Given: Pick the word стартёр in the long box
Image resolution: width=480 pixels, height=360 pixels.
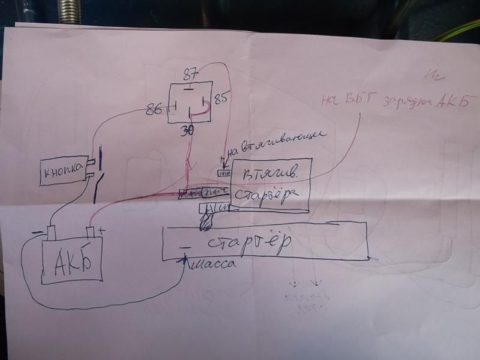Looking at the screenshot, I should pos(248,243).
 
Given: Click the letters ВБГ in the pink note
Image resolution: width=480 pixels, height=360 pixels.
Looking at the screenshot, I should pos(358,102).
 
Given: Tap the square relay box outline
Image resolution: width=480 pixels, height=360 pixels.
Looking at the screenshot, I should pos(191,102).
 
